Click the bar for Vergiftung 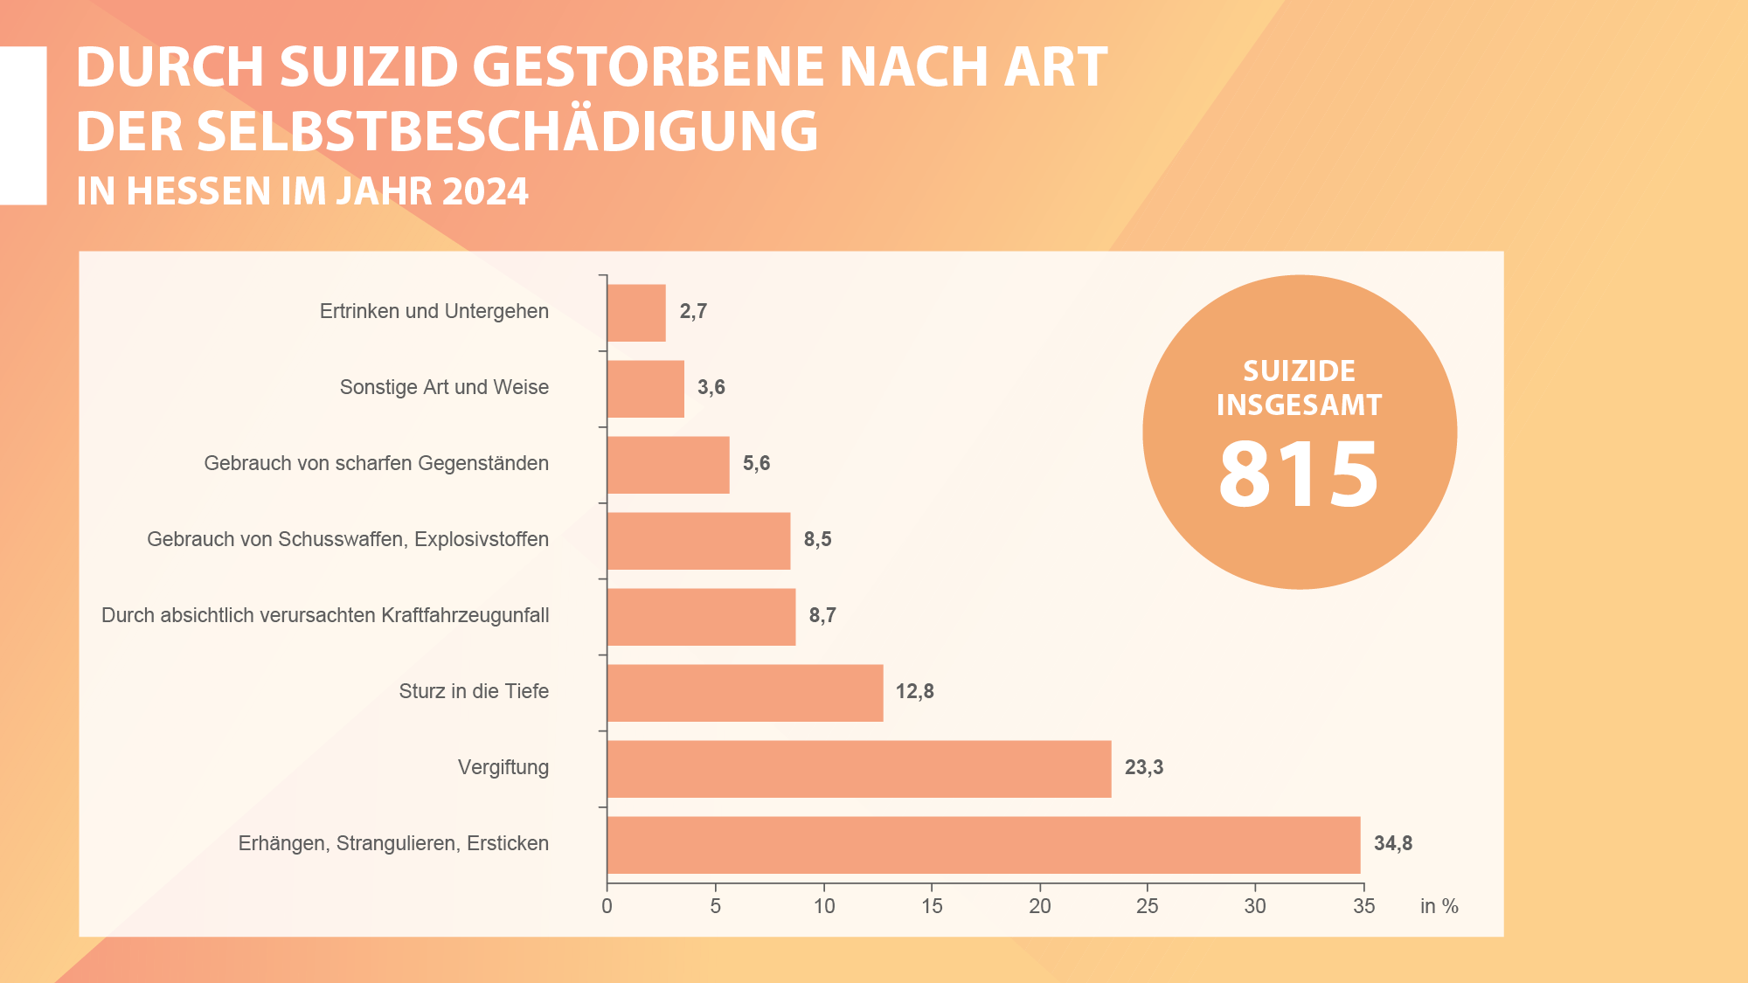pyautogui.click(x=859, y=769)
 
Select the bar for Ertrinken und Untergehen pyautogui.click(x=636, y=313)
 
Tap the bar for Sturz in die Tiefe pyautogui.click(x=745, y=693)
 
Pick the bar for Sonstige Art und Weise pyautogui.click(x=646, y=389)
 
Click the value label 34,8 pyautogui.click(x=1392, y=844)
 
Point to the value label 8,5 pyautogui.click(x=817, y=540)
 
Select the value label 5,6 pyautogui.click(x=756, y=464)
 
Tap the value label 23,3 pyautogui.click(x=1143, y=768)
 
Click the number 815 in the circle pyautogui.click(x=1299, y=474)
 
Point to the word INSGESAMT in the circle pyautogui.click(x=1299, y=405)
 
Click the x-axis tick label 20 pyautogui.click(x=1039, y=907)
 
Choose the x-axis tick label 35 pyautogui.click(x=1363, y=907)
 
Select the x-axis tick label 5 pyautogui.click(x=715, y=907)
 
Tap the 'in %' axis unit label pyautogui.click(x=1439, y=907)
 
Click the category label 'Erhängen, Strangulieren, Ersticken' pyautogui.click(x=393, y=844)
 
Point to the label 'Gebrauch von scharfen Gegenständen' pyautogui.click(x=376, y=464)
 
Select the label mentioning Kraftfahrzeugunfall pyautogui.click(x=325, y=616)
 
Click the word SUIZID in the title pyautogui.click(x=369, y=67)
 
